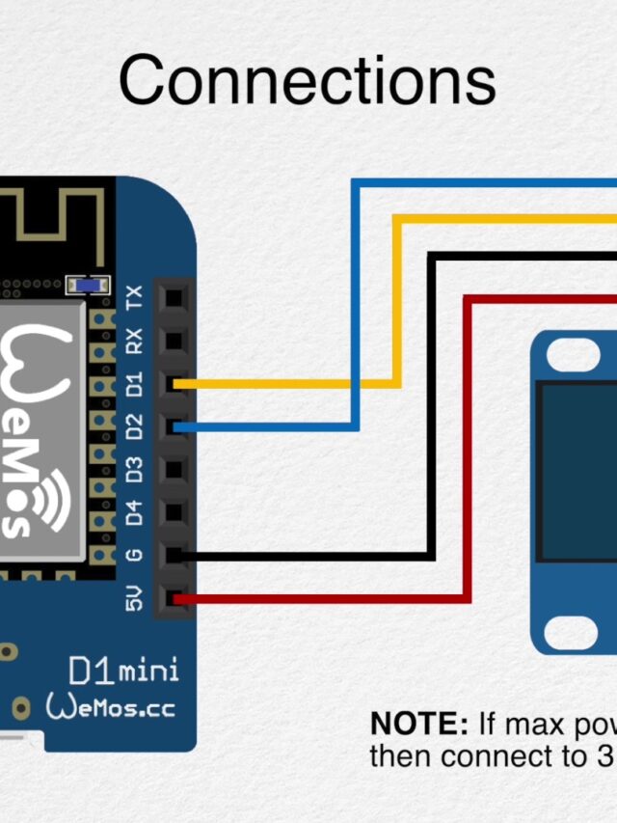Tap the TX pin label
coord(135,296)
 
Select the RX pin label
coord(135,339)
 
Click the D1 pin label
coord(135,383)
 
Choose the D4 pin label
coord(135,512)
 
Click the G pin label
coord(135,555)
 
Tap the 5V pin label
coord(135,599)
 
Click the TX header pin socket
coord(174,297)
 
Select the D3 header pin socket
coord(174,470)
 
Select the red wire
coord(468,444)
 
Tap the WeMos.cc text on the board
coord(111,707)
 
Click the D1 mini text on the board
coord(123,669)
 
